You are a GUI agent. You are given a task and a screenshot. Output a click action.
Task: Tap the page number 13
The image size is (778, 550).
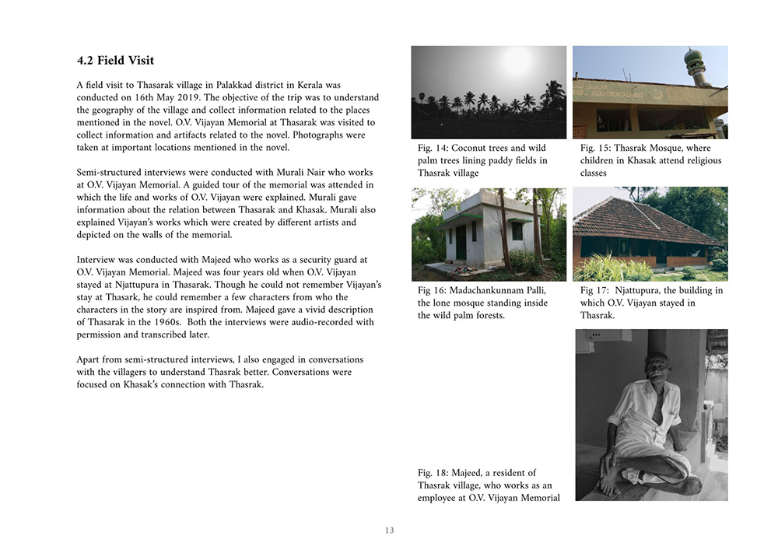[389, 531]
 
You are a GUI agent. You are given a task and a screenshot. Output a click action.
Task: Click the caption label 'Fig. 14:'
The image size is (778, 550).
[434, 148]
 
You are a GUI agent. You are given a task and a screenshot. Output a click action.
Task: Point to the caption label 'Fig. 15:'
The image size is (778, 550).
[597, 148]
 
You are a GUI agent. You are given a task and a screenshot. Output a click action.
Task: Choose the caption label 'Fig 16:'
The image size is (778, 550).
[432, 290]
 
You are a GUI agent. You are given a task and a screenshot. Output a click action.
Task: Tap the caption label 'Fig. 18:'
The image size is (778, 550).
[434, 472]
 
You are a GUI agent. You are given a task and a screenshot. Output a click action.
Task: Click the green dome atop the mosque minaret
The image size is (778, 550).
[695, 58]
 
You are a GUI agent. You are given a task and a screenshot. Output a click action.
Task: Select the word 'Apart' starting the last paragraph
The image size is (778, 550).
[89, 359]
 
